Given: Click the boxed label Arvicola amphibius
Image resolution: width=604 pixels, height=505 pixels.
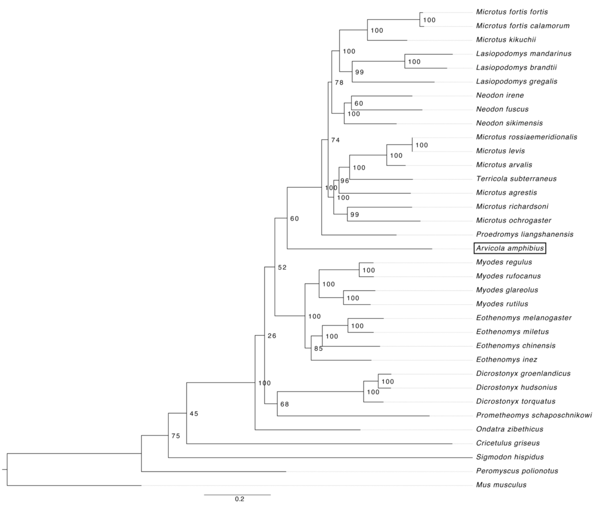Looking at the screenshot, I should click(x=510, y=248).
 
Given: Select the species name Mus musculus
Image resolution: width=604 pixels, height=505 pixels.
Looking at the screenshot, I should click(x=501, y=485).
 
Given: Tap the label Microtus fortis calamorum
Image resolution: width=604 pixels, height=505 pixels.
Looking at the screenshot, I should click(x=523, y=26).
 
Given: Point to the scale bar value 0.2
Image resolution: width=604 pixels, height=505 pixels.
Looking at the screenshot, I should click(x=239, y=499).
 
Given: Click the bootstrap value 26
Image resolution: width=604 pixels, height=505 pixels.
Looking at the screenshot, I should click(x=272, y=336).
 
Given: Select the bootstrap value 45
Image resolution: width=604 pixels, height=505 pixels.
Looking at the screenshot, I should click(x=194, y=414).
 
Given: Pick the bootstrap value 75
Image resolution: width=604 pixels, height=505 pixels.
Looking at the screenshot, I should click(x=176, y=436).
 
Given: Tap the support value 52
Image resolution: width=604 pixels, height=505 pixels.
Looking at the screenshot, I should click(x=282, y=267).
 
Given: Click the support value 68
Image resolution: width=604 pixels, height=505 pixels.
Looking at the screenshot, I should click(x=285, y=404).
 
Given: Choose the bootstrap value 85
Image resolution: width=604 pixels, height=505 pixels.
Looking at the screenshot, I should click(x=318, y=349).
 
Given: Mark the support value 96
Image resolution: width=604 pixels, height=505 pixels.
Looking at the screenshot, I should click(x=344, y=181).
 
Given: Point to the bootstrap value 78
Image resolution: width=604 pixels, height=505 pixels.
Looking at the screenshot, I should click(x=339, y=83).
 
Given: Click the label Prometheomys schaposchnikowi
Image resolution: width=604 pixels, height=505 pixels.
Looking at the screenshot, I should click(x=534, y=415).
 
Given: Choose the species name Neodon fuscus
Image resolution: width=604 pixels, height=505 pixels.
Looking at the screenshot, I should click(x=502, y=109).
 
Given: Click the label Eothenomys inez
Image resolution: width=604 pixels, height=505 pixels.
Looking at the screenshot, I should click(x=506, y=359).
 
